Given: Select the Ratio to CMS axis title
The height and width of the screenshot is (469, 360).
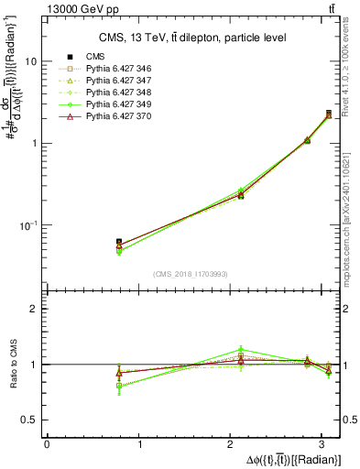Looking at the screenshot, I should [13, 364].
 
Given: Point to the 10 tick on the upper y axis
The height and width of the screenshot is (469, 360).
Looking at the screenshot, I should [31, 60].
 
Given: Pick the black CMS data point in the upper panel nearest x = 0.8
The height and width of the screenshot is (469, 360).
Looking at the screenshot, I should [119, 242].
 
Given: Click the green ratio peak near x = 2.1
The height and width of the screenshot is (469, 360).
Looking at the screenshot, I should [241, 349].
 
